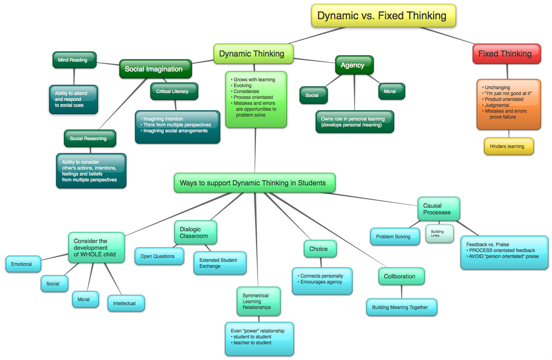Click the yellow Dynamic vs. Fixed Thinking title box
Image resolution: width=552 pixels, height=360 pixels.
click(x=384, y=16)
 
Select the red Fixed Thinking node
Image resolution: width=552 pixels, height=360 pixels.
click(x=507, y=54)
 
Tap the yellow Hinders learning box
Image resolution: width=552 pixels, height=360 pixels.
click(x=509, y=146)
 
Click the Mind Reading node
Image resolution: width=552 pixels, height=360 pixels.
click(x=75, y=60)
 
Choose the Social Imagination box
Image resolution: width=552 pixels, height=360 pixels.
click(x=155, y=69)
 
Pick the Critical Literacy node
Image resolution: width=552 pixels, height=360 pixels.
click(x=174, y=91)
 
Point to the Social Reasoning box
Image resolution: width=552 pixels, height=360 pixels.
click(x=90, y=139)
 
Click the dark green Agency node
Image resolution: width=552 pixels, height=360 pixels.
click(x=355, y=65)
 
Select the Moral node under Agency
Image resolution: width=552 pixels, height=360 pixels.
click(x=391, y=91)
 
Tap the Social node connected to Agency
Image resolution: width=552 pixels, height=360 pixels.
click(x=314, y=95)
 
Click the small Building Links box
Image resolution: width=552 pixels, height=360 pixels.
click(x=440, y=234)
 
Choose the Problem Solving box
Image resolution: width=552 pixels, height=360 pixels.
click(x=395, y=237)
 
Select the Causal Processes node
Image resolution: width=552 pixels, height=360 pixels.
click(x=439, y=209)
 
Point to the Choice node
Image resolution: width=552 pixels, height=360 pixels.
click(x=320, y=249)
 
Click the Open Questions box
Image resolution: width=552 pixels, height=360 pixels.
click(x=159, y=256)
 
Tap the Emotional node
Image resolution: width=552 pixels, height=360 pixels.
click(x=23, y=264)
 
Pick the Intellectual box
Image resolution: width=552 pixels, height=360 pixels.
click(x=126, y=303)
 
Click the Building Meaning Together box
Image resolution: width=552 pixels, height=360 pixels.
click(x=402, y=307)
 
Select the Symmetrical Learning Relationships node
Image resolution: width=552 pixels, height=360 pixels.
click(x=259, y=302)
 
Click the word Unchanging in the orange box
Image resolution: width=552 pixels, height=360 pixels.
click(x=497, y=88)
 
